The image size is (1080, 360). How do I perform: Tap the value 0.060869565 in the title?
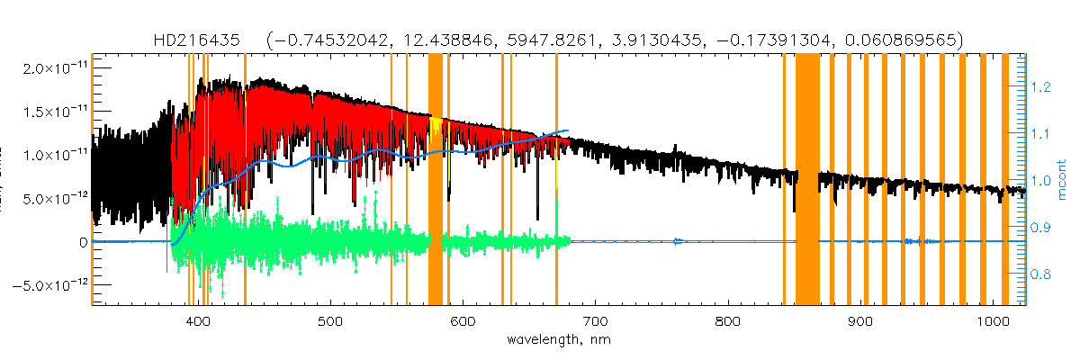point(911,41)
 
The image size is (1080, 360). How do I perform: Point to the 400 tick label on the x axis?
point(197,322)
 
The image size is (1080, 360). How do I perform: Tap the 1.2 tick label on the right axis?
point(1040,87)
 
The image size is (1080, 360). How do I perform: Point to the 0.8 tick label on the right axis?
point(1040,274)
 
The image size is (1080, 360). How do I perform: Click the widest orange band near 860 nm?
point(807,180)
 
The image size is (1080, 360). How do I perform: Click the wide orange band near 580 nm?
point(436,180)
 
